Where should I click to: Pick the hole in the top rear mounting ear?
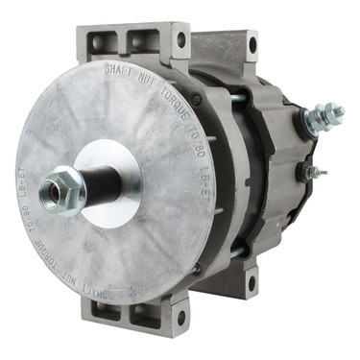click(x=252, y=43)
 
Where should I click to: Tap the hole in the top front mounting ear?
click(x=180, y=40)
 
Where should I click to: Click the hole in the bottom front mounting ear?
click(x=180, y=317)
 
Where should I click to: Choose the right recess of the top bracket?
click(x=143, y=40)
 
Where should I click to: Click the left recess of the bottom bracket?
click(x=106, y=308)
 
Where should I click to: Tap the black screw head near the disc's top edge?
click(x=197, y=99)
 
